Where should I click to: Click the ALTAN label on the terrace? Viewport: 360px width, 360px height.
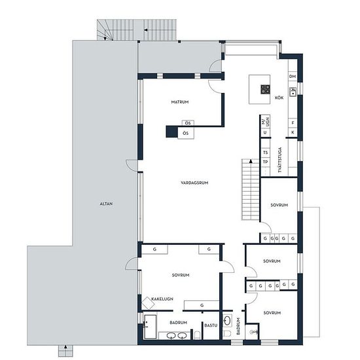coord(106,204)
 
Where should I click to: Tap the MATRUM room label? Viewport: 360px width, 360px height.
coord(180,102)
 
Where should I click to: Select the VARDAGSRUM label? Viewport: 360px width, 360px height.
coord(194,183)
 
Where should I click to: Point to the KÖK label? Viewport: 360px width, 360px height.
coord(279,98)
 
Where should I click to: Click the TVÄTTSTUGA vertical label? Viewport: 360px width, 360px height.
coord(279,160)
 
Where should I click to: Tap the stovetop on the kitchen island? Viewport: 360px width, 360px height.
coord(265,89)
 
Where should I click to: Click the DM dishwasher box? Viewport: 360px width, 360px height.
coord(293,77)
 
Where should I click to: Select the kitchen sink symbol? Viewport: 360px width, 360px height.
coord(293,92)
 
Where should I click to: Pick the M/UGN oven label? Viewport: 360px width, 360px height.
coord(265,122)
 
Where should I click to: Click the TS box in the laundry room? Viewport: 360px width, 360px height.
coord(265,153)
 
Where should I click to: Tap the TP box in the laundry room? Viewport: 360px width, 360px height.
coord(265,162)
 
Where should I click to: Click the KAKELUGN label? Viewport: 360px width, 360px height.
coord(162,299)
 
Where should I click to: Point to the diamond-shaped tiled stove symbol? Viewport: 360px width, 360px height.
coord(148,303)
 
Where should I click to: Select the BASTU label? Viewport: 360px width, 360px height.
coord(211,325)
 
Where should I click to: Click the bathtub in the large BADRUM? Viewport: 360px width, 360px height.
coord(151,327)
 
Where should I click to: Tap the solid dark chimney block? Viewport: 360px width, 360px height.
coord(171,132)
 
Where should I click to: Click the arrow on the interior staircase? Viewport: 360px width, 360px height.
coord(251,161)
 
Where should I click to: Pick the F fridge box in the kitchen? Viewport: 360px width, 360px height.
coord(293,123)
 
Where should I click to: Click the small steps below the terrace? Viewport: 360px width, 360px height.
coord(65,350)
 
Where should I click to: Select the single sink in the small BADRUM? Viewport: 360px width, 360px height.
coord(227,321)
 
